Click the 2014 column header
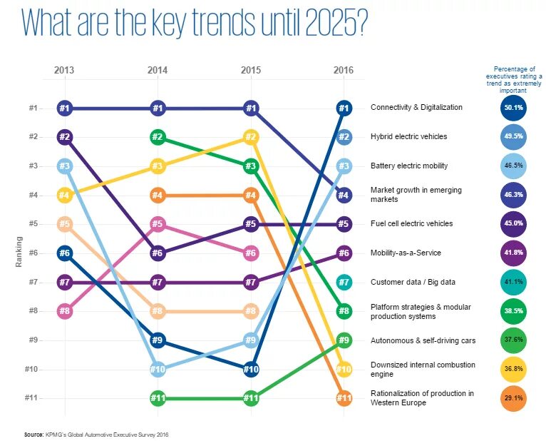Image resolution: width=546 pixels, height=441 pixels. click(x=158, y=70)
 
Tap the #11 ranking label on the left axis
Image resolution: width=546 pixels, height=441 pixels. click(x=32, y=398)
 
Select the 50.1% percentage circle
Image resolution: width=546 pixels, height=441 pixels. click(x=513, y=108)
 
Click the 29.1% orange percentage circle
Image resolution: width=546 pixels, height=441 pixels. click(x=513, y=398)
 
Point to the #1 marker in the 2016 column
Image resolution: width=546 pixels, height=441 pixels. click(x=344, y=108)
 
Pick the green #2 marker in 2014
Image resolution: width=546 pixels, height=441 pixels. click(x=158, y=137)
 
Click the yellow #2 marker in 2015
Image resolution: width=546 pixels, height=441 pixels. click(x=250, y=137)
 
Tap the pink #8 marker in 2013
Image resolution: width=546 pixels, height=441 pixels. click(x=65, y=311)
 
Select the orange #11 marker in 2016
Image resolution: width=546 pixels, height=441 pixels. click(x=344, y=398)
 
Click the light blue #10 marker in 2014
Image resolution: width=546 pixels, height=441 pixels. click(x=158, y=369)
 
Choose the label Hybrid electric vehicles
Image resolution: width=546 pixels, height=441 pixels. click(x=408, y=136)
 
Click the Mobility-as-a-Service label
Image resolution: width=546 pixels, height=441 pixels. click(x=406, y=253)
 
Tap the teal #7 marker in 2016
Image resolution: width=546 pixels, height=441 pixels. click(x=344, y=282)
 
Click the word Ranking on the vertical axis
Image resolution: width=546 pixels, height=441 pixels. click(x=19, y=253)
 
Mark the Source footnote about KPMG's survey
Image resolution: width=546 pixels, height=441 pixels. click(x=96, y=434)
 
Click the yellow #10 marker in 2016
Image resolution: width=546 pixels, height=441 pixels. click(x=344, y=369)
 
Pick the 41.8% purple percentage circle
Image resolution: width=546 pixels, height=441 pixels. click(x=513, y=253)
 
